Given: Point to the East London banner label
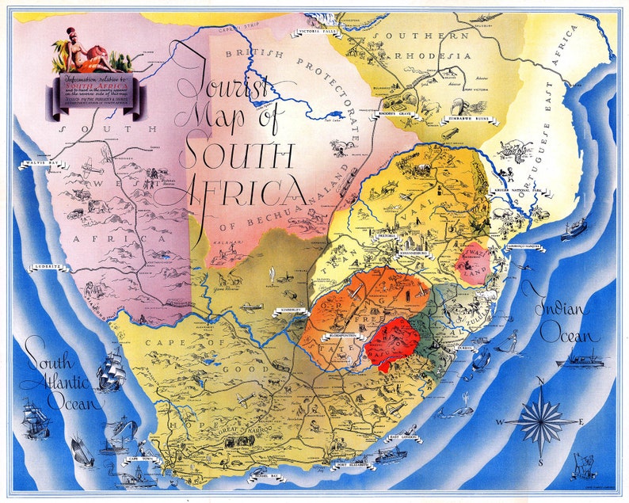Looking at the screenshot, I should (404, 436).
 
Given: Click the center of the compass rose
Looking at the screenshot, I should (539, 421).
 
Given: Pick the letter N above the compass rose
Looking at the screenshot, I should (540, 381).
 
